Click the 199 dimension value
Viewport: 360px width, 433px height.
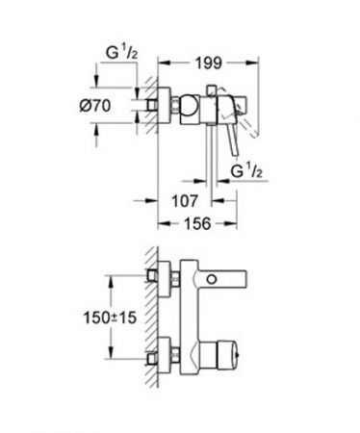click(x=209, y=63)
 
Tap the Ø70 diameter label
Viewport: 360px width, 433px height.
click(x=95, y=105)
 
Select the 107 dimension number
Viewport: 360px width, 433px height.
click(x=185, y=201)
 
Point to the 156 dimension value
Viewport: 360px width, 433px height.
click(x=197, y=223)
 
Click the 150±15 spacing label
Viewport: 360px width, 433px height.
click(x=110, y=318)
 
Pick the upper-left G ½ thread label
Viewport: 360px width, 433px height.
click(x=122, y=53)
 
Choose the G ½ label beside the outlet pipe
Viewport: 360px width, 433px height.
click(x=246, y=172)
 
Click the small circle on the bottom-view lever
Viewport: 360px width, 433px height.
click(x=212, y=279)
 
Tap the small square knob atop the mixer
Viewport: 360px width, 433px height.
click(x=212, y=90)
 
